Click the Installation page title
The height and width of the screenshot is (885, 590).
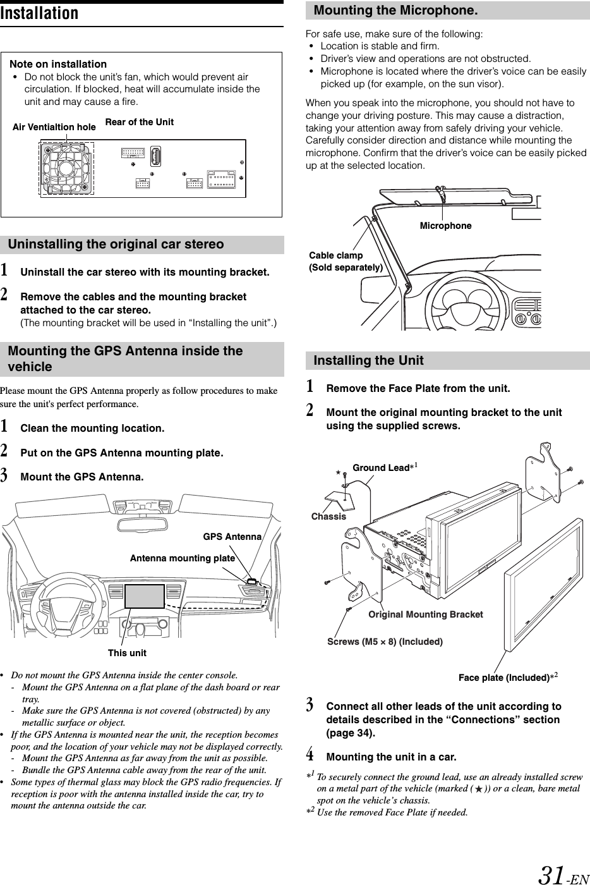tap(40, 14)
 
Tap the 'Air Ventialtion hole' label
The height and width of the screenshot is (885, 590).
tap(54, 127)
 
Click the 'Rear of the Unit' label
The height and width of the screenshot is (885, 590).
tap(139, 122)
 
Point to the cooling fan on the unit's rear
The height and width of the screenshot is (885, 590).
tap(66, 168)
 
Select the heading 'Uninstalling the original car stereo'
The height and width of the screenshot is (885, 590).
tap(116, 245)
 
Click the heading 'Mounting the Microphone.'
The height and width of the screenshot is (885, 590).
tap(395, 11)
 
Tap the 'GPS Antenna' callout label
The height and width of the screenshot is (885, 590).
tap(232, 537)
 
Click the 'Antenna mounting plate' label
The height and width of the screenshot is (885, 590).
tap(182, 558)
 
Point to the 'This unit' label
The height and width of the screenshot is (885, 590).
tap(127, 652)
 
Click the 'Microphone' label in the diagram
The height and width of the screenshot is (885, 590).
tap(445, 226)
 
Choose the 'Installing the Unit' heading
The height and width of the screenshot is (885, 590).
tap(368, 360)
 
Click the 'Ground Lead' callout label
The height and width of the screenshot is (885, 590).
tap(381, 468)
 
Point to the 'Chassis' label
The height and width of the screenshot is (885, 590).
tap(328, 516)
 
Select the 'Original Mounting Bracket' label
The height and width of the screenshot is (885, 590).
tap(425, 614)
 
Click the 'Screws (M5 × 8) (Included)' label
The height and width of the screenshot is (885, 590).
tap(385, 642)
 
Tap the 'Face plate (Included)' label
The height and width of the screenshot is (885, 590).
tap(503, 678)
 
